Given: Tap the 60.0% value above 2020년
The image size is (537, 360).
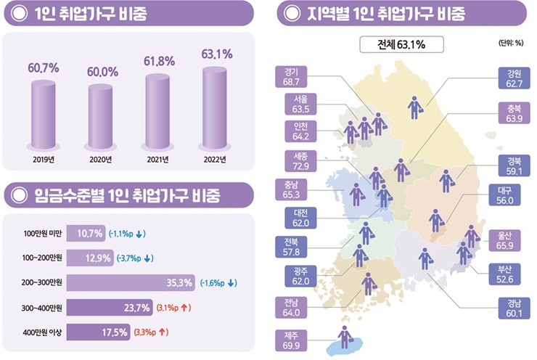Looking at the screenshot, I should click(x=102, y=73).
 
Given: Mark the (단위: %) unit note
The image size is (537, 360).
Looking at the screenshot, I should click(x=512, y=44).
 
